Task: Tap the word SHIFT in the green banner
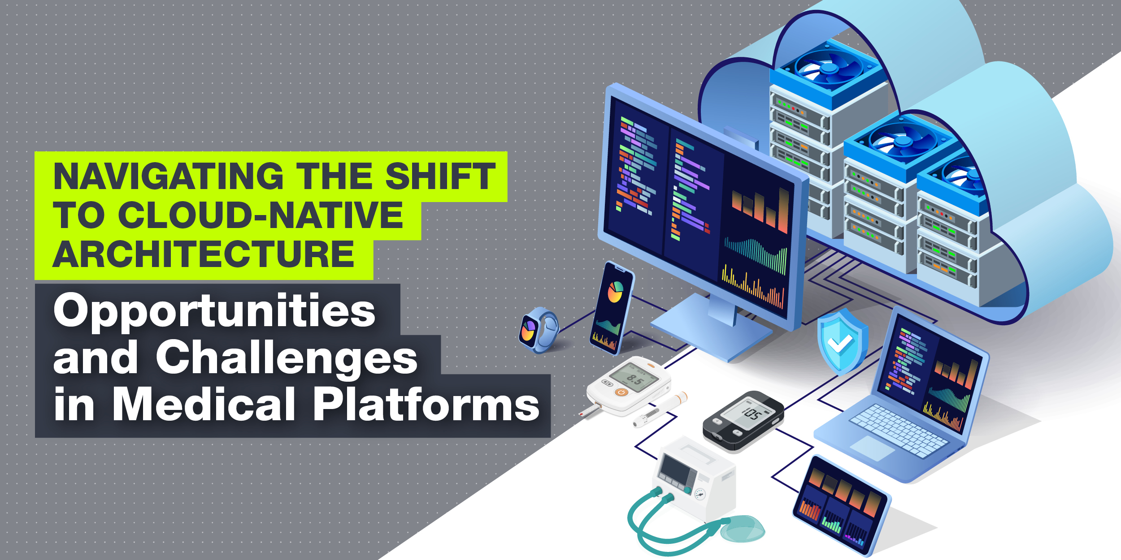coord(440,176)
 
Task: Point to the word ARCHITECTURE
coord(204,254)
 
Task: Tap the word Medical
coord(204,405)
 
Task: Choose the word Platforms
coord(426,405)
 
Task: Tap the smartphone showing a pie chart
coord(612,309)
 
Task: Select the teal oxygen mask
coord(742,529)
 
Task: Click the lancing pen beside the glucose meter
coord(659,410)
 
